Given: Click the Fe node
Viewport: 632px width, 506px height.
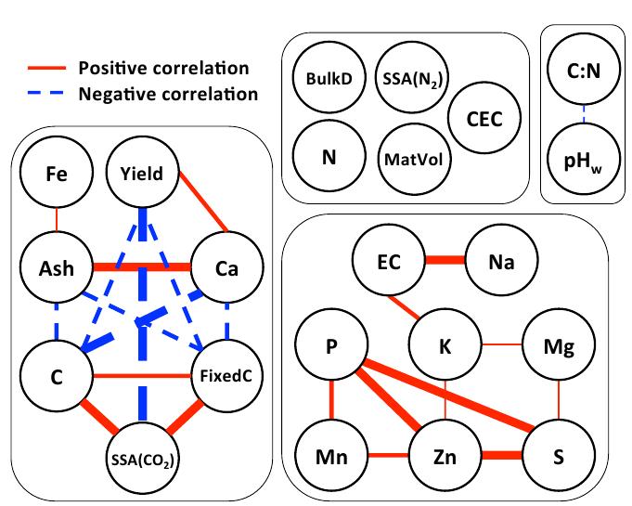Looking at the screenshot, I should click(x=57, y=173).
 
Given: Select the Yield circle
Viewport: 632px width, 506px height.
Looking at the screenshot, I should click(x=142, y=173).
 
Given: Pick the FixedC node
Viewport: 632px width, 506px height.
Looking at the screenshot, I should click(x=226, y=377).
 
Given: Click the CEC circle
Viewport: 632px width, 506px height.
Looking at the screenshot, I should click(x=484, y=118).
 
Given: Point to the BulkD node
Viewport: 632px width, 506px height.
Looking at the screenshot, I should click(x=329, y=78).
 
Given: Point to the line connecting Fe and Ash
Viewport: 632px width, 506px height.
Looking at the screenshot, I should click(x=57, y=219).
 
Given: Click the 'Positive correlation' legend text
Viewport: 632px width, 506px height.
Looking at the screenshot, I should click(x=163, y=69).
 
